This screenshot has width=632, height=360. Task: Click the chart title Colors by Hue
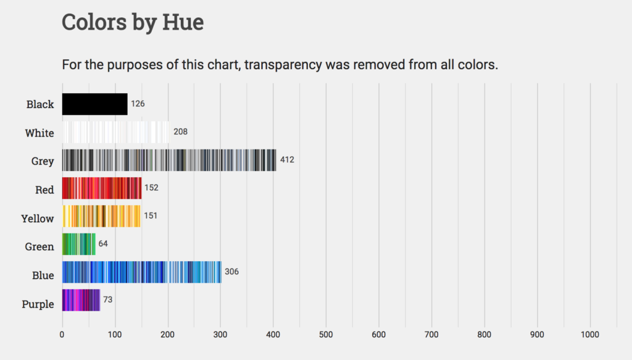pyautogui.click(x=133, y=23)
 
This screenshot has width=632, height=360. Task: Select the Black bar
pyautogui.click(x=94, y=104)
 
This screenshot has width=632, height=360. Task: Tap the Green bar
pyautogui.click(x=78, y=245)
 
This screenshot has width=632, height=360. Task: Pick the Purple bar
pyautogui.click(x=81, y=300)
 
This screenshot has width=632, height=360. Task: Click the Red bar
pyautogui.click(x=102, y=188)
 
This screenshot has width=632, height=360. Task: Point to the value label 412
pyautogui.click(x=287, y=160)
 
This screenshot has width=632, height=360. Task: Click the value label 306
pyautogui.click(x=231, y=272)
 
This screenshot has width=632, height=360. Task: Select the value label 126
pyautogui.click(x=138, y=104)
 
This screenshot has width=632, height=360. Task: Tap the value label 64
pyautogui.click(x=103, y=244)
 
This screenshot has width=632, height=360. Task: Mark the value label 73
pyautogui.click(x=107, y=300)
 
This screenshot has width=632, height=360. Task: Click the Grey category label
pyautogui.click(x=43, y=161)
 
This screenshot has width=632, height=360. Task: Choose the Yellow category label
pyautogui.click(x=38, y=218)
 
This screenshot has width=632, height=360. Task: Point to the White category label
pyautogui.click(x=39, y=133)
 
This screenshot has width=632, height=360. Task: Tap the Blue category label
pyautogui.click(x=43, y=275)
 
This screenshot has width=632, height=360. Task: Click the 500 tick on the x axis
pyautogui.click(x=326, y=335)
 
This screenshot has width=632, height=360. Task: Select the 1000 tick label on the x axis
pyautogui.click(x=590, y=335)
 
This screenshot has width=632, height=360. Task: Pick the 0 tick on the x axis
pyautogui.click(x=62, y=335)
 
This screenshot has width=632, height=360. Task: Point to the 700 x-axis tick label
pyautogui.click(x=431, y=335)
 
